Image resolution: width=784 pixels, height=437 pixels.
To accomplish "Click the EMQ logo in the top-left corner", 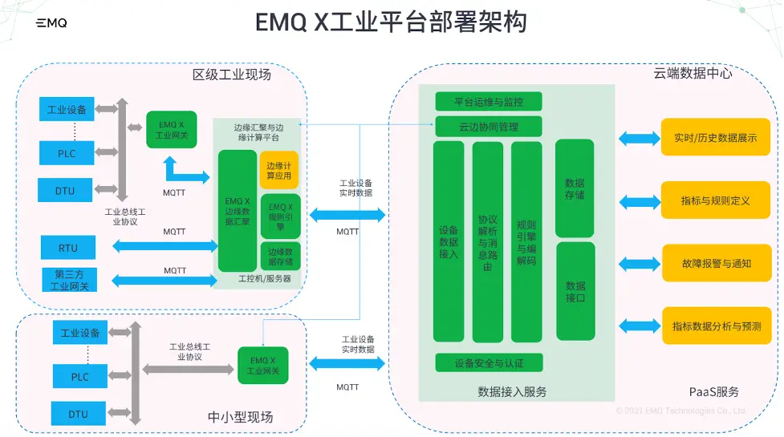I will (51, 23).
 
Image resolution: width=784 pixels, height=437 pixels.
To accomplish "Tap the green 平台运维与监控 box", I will (489, 102).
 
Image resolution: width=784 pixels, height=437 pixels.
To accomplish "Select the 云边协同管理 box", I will (489, 127).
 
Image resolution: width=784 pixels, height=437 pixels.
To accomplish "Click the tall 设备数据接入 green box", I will (449, 241).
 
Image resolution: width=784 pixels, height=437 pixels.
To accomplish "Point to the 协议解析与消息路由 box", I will (487, 241).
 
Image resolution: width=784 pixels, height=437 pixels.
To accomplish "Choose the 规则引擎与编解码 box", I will (526, 241).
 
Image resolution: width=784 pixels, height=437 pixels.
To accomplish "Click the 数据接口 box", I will (575, 291).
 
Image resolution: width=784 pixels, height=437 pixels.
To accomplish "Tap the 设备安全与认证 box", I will (489, 363).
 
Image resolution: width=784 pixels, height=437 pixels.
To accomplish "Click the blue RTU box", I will (68, 248).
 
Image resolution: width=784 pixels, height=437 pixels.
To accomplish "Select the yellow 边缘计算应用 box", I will (279, 170).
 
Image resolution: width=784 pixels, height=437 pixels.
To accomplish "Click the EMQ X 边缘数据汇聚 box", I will (238, 210).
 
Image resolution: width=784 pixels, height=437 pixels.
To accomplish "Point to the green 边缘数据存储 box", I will (280, 256).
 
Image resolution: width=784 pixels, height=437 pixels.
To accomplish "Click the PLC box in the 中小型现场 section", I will (79, 376).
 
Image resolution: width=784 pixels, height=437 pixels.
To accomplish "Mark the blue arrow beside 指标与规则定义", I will (639, 200).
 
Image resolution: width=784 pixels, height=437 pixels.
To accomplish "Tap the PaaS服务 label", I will (714, 392).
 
